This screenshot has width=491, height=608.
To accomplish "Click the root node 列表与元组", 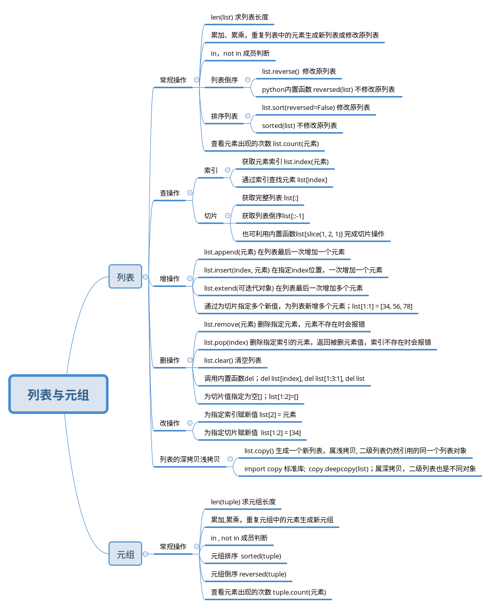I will pyautogui.click(x=58, y=394).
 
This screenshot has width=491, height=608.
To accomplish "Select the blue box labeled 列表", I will pyautogui.click(x=125, y=277).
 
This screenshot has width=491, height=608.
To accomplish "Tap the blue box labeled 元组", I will pyautogui.click(x=125, y=554).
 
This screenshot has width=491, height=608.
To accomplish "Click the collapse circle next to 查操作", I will pyautogui.click(x=190, y=193).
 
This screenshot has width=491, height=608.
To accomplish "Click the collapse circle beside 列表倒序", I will pyautogui.click(x=248, y=80).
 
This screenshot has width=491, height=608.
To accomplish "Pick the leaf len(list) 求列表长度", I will pyautogui.click(x=239, y=17).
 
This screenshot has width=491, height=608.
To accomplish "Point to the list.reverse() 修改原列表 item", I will pyautogui.click(x=299, y=71).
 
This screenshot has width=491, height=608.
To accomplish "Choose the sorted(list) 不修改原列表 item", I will pyautogui.click(x=299, y=125).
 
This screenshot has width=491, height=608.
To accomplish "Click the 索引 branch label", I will pyautogui.click(x=210, y=170).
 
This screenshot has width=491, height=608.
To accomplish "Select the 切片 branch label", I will pyautogui.click(x=210, y=216).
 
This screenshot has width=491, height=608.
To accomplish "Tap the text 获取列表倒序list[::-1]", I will pyautogui.click(x=273, y=216).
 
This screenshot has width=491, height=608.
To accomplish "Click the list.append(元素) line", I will pyautogui.click(x=274, y=252).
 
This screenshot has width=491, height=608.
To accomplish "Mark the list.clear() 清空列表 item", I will pyautogui.click(x=233, y=360).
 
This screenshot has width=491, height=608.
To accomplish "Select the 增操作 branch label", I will pyautogui.click(x=170, y=279).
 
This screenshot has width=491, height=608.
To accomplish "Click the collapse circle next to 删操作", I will pyautogui.click(x=190, y=360).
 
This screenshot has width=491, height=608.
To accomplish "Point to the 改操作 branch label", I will pyautogui.click(x=170, y=423).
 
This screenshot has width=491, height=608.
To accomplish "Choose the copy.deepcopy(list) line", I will pyautogui.click(x=360, y=469).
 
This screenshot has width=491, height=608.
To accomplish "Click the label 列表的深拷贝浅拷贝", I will pyautogui.click(x=189, y=459).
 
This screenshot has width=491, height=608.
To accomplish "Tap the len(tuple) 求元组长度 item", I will pyautogui.click(x=243, y=502).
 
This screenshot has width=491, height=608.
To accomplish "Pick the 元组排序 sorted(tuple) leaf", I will pyautogui.click(x=246, y=556).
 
